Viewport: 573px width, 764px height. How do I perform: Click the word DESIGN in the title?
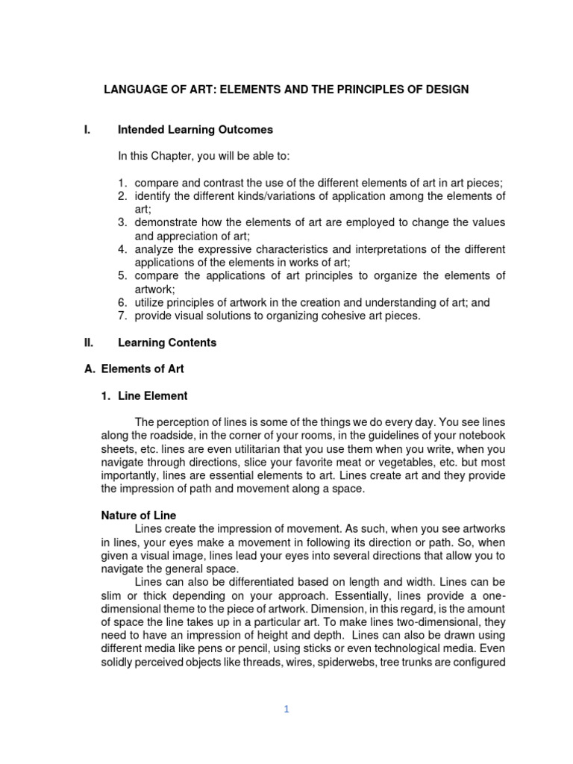tap(446, 90)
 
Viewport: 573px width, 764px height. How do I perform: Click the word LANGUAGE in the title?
tap(134, 90)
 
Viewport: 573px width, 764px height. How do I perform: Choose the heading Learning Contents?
tap(167, 342)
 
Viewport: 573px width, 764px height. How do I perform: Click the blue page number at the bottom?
tap(286, 710)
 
